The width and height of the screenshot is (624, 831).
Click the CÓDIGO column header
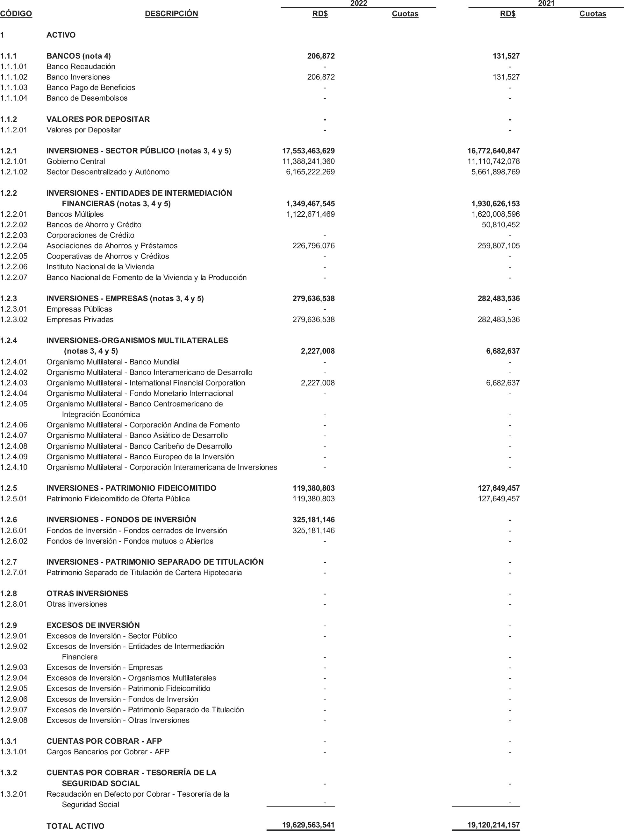click(x=16, y=14)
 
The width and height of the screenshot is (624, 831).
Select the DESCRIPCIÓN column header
click(x=171, y=14)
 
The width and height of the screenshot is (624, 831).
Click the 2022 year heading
click(x=358, y=4)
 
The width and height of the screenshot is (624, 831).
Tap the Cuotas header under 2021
click(x=592, y=14)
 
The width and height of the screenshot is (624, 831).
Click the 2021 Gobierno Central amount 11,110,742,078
click(x=493, y=162)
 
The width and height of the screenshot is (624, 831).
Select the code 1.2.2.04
click(x=14, y=246)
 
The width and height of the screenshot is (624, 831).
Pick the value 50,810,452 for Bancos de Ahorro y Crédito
click(x=501, y=225)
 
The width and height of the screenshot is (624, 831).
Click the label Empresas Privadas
click(x=80, y=320)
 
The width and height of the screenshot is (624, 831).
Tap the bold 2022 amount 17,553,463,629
click(x=308, y=151)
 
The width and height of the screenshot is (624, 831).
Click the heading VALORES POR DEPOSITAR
click(x=98, y=119)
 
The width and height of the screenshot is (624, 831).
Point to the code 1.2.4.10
click(x=14, y=467)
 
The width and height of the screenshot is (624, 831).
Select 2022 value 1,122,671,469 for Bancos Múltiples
click(x=311, y=214)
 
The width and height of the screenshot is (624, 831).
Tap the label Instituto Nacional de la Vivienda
click(x=100, y=267)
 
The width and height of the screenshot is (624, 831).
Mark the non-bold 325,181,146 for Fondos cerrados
click(x=313, y=531)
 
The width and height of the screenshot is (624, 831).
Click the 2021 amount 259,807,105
click(x=498, y=246)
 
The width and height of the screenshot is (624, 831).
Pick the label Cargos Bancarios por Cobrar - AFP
click(x=108, y=752)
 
